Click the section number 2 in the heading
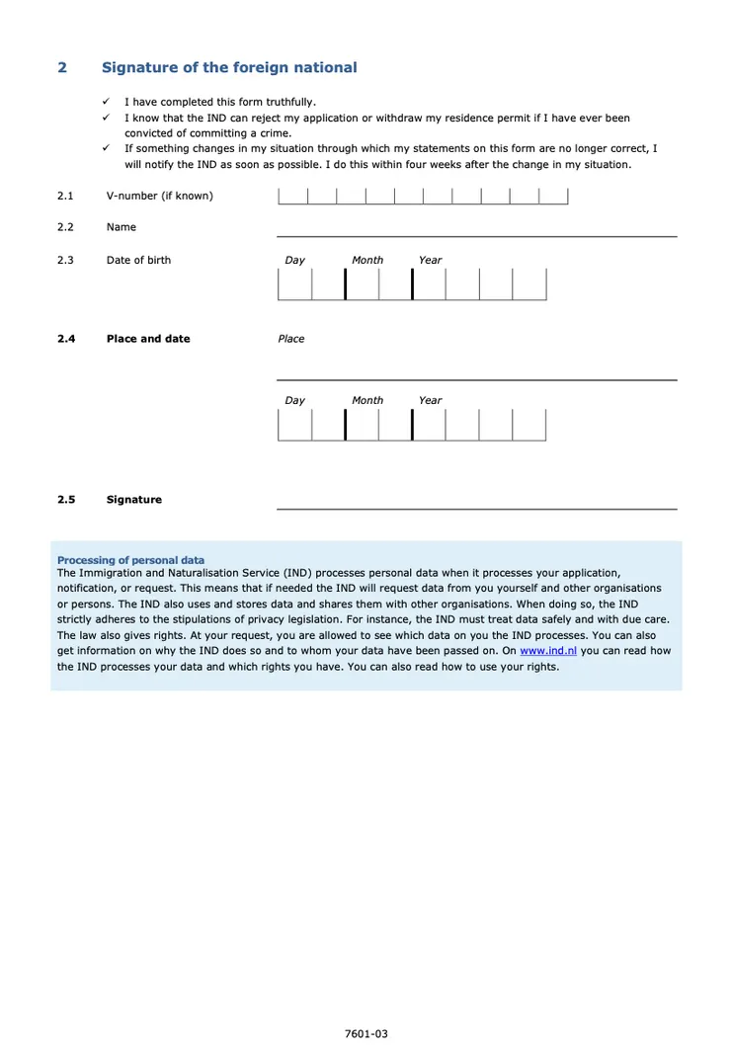62,67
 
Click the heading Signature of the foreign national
229,67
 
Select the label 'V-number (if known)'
159,196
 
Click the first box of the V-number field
293,196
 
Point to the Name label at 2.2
122,227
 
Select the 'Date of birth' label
138,260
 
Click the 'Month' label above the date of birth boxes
367,260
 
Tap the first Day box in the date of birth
295,284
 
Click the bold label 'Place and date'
148,339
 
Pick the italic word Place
291,339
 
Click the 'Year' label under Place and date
430,400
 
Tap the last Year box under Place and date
529,425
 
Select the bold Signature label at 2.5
134,500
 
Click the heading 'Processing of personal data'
131,560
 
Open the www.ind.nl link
548,651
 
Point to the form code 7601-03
366,1034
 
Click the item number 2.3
65,260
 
